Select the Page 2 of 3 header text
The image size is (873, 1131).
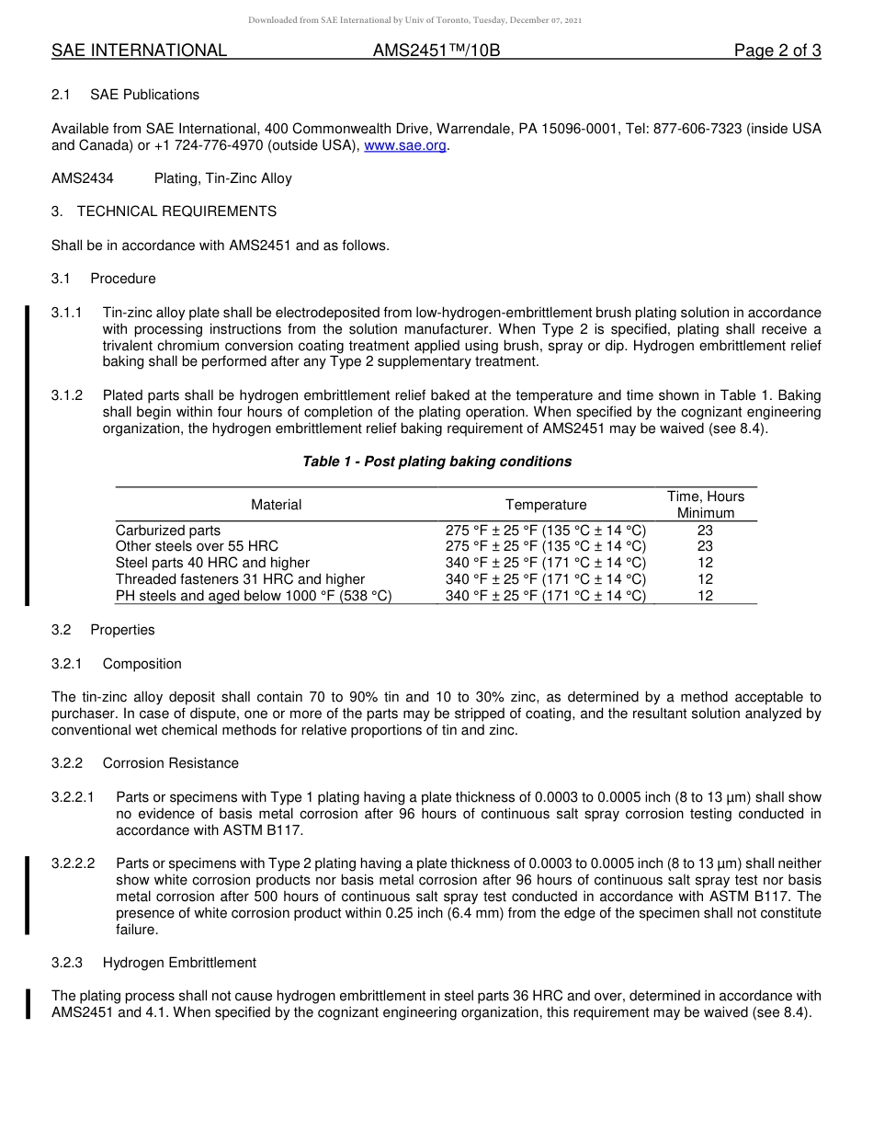(777, 51)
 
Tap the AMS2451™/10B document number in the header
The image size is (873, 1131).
(436, 51)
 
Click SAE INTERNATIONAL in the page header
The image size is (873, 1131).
(139, 51)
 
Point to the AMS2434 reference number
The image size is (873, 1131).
(83, 178)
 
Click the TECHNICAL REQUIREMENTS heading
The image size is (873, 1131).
(176, 211)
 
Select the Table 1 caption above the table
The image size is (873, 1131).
(436, 462)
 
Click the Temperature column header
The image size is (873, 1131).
(546, 504)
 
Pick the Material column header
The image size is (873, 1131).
(276, 504)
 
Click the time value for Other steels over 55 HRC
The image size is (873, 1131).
(705, 546)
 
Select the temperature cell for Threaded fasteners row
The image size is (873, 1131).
(546, 579)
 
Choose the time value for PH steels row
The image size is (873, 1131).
(705, 596)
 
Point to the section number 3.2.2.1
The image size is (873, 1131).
(73, 797)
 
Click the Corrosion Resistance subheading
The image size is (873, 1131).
(170, 763)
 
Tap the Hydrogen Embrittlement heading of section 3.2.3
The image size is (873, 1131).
(179, 963)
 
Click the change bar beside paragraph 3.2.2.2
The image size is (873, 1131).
(28, 895)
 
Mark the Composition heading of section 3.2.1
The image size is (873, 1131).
(142, 664)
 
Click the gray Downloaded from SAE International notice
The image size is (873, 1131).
(414, 19)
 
